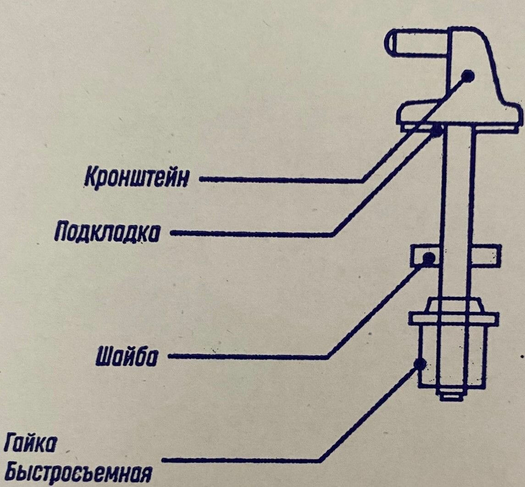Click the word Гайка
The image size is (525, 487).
tap(33, 445)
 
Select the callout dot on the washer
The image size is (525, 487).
tap(428, 258)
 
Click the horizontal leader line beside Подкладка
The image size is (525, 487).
tap(252, 234)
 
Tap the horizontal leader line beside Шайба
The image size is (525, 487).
tap(248, 356)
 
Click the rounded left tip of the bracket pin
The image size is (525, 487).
tap(390, 44)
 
